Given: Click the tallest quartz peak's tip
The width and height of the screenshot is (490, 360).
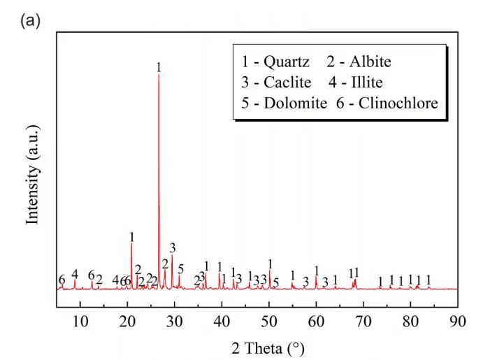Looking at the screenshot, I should (159, 75).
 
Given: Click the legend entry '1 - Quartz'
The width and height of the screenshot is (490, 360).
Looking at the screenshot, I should (275, 62).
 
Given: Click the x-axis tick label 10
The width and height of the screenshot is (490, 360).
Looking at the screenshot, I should (80, 320).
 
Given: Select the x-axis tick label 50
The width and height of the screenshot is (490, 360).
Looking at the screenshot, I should (269, 320).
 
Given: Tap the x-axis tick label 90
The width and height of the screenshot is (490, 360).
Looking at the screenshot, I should (458, 320).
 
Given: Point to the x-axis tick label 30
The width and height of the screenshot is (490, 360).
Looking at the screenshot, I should (175, 320).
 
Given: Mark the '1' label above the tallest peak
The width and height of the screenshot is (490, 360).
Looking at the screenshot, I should (159, 67).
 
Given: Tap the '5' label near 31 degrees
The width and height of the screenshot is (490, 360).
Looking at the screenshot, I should (180, 269).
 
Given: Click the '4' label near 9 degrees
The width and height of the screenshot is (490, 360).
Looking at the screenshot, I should (75, 273).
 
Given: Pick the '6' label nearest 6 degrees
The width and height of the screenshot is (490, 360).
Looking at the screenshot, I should (62, 280).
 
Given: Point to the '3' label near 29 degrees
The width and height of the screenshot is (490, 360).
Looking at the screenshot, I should (172, 247).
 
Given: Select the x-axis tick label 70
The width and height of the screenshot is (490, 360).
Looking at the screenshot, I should (363, 320).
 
